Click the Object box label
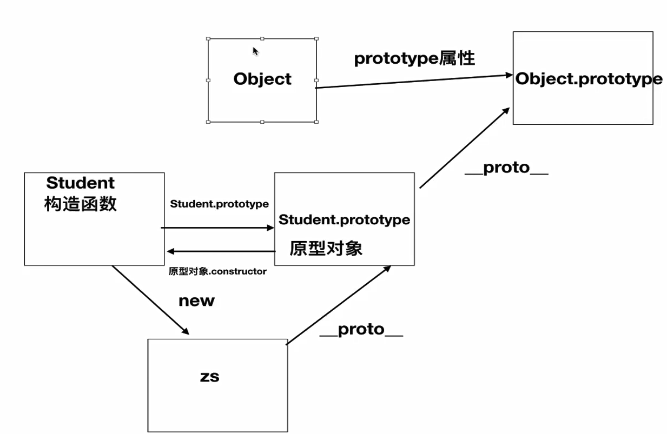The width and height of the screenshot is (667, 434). (x=262, y=79)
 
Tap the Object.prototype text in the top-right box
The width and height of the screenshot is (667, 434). (x=589, y=79)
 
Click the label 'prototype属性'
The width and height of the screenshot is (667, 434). (x=414, y=58)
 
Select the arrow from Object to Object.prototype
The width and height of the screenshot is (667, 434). (x=414, y=82)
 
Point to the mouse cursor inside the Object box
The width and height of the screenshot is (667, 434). (x=255, y=51)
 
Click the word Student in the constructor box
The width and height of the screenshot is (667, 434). (x=81, y=183)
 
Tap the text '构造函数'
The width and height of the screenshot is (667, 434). (x=81, y=204)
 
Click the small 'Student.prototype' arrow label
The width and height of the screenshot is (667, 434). (x=219, y=204)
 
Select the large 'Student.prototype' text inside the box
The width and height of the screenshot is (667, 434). (x=344, y=220)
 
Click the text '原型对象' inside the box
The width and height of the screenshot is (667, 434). (x=326, y=248)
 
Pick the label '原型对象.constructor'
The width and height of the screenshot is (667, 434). (x=217, y=271)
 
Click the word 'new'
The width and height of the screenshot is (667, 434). (x=196, y=301)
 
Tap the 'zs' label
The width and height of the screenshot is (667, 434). (x=210, y=377)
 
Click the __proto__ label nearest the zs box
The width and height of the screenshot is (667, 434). (x=361, y=330)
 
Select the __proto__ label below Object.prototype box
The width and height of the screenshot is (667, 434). (x=506, y=168)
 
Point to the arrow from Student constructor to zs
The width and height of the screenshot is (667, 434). (x=150, y=299)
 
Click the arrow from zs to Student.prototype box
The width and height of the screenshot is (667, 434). (x=338, y=304)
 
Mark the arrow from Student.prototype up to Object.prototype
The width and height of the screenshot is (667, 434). (x=464, y=148)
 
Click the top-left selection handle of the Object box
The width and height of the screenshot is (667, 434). (x=208, y=38)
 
